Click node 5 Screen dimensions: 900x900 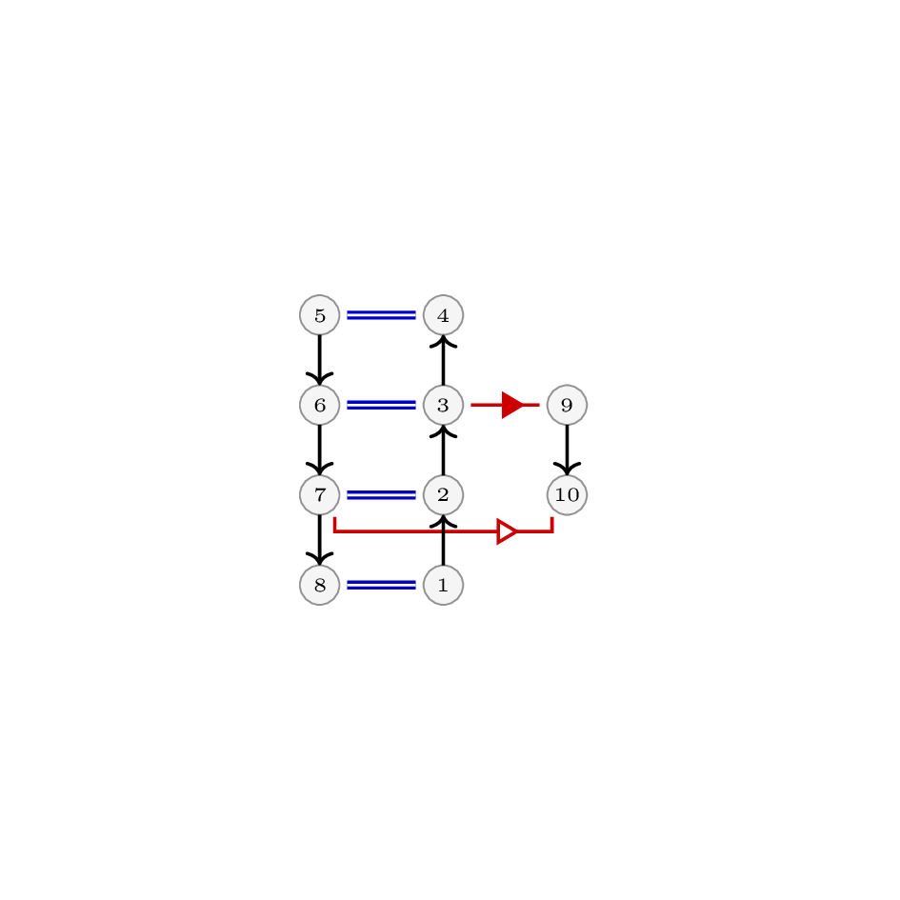click(320, 315)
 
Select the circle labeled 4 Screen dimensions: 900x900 click(443, 315)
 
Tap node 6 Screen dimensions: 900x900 click(320, 405)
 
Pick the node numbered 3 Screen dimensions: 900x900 click(443, 405)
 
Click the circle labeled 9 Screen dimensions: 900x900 click(567, 405)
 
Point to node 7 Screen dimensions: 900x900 click(320, 495)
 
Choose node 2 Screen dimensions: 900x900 click(443, 495)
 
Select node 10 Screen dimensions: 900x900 click(567, 495)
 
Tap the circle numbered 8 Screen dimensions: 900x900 click(320, 585)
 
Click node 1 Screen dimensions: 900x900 click(443, 585)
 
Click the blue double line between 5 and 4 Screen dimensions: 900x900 click(381, 315)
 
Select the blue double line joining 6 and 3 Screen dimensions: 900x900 click(381, 405)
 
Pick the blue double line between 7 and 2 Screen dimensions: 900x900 click(381, 495)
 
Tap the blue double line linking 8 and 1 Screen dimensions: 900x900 click(381, 585)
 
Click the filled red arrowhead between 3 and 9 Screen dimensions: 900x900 click(512, 405)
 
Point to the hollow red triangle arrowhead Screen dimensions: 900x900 click(507, 532)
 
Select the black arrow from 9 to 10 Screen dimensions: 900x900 click(567, 450)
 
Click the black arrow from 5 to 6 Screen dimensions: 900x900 click(320, 360)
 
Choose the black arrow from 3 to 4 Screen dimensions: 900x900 click(443, 360)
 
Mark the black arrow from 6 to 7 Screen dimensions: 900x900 click(320, 450)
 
